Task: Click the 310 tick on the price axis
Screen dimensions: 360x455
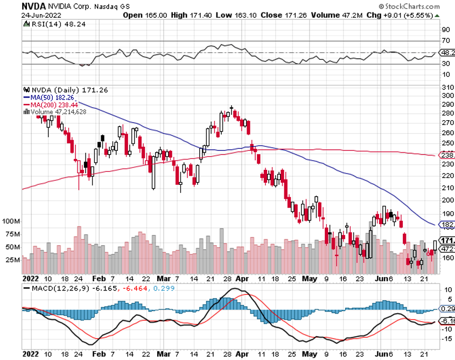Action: [x=446, y=87]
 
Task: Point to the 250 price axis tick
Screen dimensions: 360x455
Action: [x=446, y=143]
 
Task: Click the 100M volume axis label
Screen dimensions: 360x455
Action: [x=11, y=221]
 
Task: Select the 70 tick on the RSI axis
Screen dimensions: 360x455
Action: [x=446, y=40]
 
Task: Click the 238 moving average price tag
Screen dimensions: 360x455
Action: [x=447, y=155]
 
